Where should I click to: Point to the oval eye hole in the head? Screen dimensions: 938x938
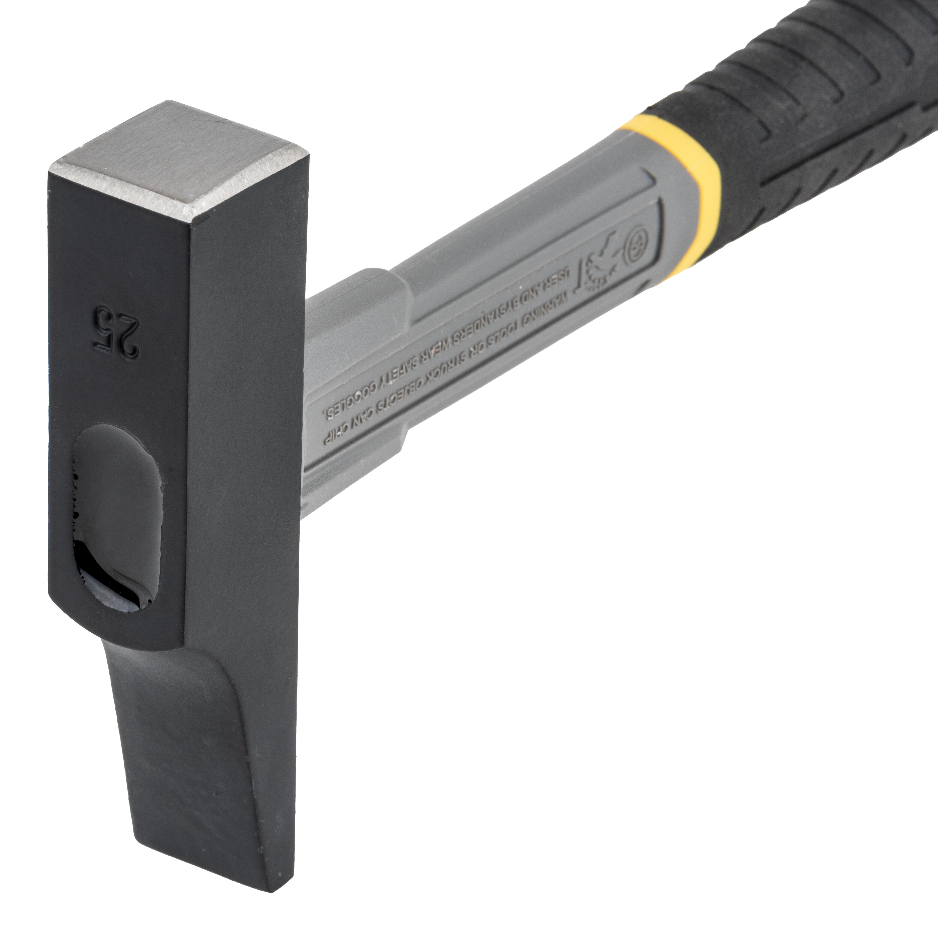116,515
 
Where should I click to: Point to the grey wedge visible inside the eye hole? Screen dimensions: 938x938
116,595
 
